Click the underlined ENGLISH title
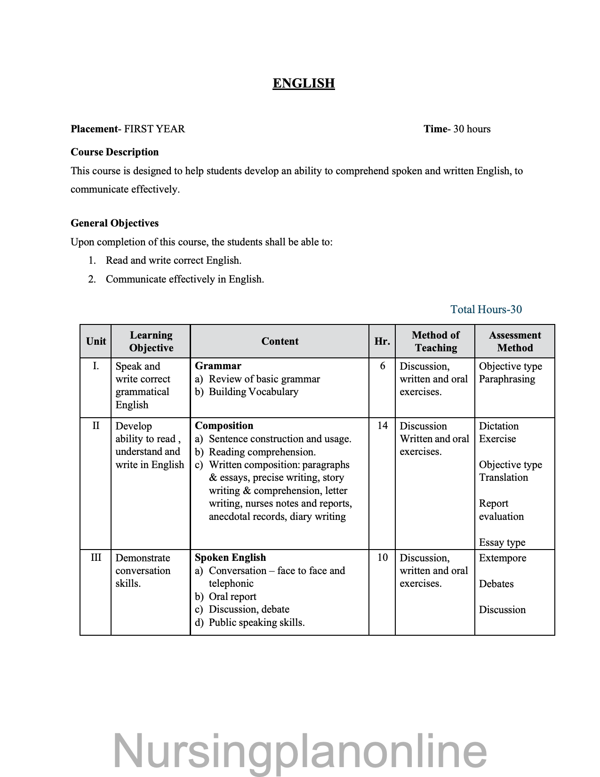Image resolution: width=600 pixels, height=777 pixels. [304, 83]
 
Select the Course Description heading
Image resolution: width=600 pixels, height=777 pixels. [114, 152]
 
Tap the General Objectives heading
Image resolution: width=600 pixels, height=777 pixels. [114, 223]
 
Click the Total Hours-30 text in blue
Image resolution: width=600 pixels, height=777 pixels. [486, 309]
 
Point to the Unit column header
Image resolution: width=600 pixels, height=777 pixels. [96, 341]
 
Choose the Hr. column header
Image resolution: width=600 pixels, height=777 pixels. [382, 341]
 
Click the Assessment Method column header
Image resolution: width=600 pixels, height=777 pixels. [515, 341]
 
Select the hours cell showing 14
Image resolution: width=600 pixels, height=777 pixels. [383, 426]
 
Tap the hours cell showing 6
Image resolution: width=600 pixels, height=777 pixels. [383, 366]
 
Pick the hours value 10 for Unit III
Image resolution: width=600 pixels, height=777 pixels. [383, 558]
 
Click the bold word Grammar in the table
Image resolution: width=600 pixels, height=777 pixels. [218, 366]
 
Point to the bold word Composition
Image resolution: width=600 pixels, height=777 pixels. [224, 426]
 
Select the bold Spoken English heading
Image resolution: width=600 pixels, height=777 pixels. [230, 558]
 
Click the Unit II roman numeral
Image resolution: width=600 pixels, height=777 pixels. [96, 426]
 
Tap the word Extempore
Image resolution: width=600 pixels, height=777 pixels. [503, 558]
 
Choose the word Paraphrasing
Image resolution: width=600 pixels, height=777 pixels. [507, 379]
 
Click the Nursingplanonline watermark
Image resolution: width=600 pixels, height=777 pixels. [300, 751]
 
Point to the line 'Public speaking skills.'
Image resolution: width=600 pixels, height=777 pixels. [256, 623]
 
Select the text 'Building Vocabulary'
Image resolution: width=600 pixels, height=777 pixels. [253, 392]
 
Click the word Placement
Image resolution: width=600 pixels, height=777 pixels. [94, 129]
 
